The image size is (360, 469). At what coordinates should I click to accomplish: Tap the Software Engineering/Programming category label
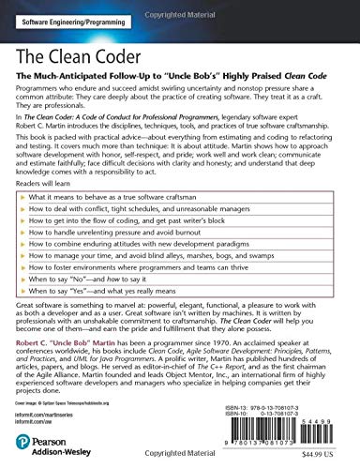[76, 20]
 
